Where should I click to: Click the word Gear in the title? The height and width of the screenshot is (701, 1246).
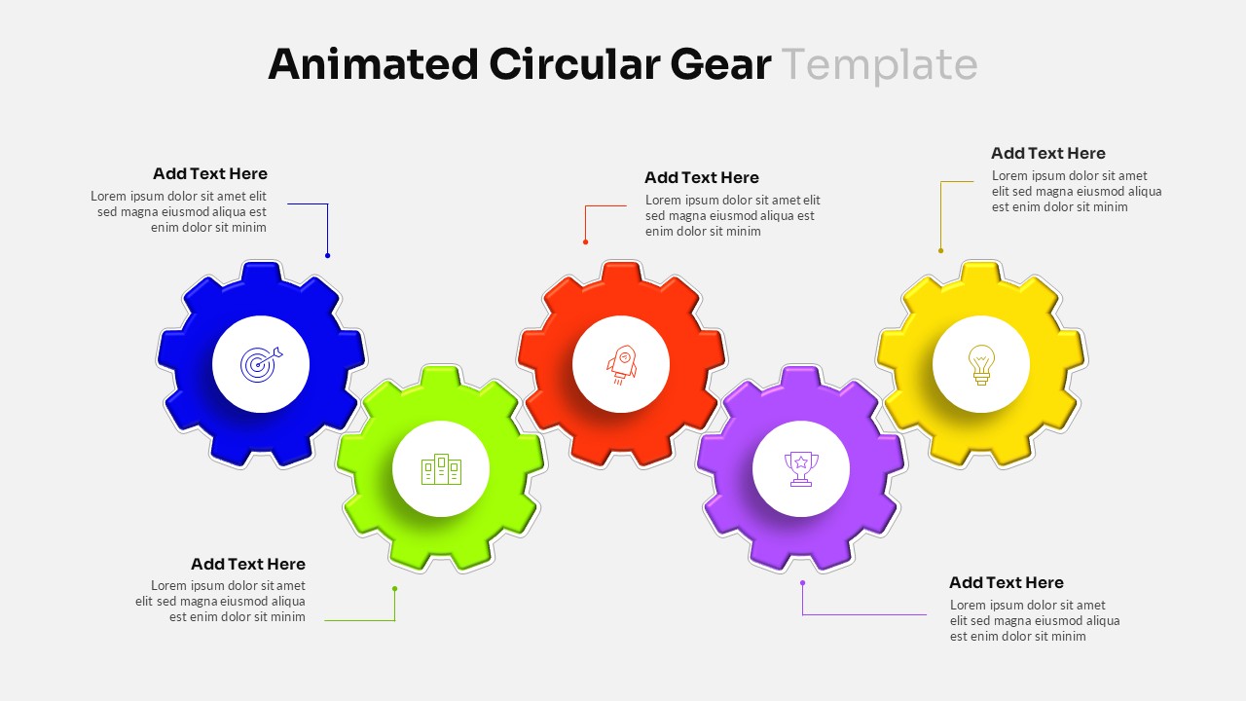[x=720, y=64]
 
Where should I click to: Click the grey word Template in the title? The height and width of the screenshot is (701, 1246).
[x=879, y=64]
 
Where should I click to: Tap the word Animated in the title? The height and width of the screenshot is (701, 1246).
[x=373, y=64]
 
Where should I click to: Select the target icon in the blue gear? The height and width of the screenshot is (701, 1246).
[x=261, y=364]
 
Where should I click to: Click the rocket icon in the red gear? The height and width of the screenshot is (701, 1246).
[x=621, y=364]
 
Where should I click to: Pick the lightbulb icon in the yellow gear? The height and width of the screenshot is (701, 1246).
[x=981, y=364]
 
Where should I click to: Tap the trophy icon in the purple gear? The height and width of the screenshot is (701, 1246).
[x=801, y=469]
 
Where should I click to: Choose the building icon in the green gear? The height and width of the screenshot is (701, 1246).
[x=441, y=469]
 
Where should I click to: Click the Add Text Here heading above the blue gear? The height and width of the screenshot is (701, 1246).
[x=210, y=174]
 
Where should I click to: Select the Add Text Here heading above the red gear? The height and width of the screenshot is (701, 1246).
[x=702, y=178]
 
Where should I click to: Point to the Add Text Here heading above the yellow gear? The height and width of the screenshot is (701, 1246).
[x=1048, y=154]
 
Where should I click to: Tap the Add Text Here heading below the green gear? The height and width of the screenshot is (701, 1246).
[x=248, y=565]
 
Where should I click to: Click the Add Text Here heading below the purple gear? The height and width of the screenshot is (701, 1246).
[x=1007, y=583]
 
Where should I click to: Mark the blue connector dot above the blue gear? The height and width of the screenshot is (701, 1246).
[x=328, y=255]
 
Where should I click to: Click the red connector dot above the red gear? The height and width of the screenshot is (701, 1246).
[x=585, y=241]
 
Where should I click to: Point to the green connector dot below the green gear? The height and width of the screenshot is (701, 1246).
[x=394, y=588]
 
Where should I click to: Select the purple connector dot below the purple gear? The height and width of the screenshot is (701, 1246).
[x=802, y=583]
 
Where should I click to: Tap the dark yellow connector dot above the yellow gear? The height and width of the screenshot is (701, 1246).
[x=940, y=250]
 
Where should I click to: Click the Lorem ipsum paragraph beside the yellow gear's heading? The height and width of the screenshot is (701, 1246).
[x=1077, y=192]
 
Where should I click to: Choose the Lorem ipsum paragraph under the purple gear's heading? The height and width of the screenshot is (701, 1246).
[x=1035, y=621]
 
